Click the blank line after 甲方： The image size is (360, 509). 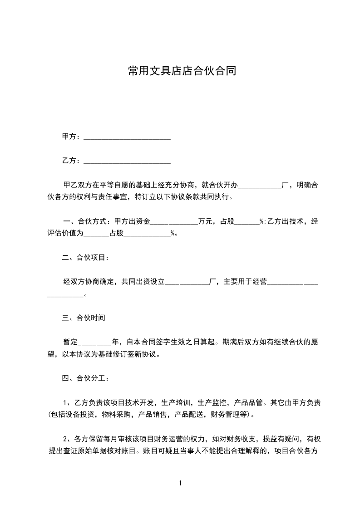coord(128,137)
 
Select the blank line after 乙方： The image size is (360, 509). coord(128,161)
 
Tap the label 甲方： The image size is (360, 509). coord(71,137)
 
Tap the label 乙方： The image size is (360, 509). coord(71,161)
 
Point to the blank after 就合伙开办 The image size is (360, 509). coord(260,185)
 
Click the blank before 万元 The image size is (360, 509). coord(174,222)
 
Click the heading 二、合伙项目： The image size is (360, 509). coord(85,258)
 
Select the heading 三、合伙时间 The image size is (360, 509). coord(84,318)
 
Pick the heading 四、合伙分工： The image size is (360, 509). coord(85,378)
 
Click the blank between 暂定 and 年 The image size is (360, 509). coord(94,342)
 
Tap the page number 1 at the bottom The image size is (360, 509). coord(180,483)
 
